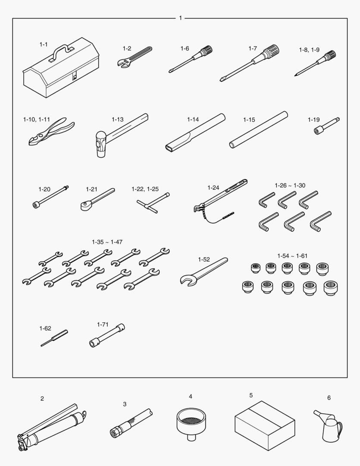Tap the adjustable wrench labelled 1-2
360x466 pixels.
click(x=134, y=57)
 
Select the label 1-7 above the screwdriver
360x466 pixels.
click(x=253, y=48)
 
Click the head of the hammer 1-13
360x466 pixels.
click(x=101, y=144)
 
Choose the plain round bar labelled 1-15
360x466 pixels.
click(x=258, y=130)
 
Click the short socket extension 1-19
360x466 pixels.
click(x=327, y=126)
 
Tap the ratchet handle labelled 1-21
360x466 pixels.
click(x=97, y=199)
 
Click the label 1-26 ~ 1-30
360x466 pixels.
click(x=290, y=186)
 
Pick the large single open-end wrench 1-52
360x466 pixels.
click(x=204, y=272)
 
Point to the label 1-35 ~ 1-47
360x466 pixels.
click(x=107, y=242)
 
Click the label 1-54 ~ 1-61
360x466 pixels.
click(x=292, y=256)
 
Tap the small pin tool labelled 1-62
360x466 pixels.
click(x=54, y=338)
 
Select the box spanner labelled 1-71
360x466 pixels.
click(x=107, y=335)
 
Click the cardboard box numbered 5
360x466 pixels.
click(x=265, y=425)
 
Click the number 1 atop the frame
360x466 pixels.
click(x=180, y=18)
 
